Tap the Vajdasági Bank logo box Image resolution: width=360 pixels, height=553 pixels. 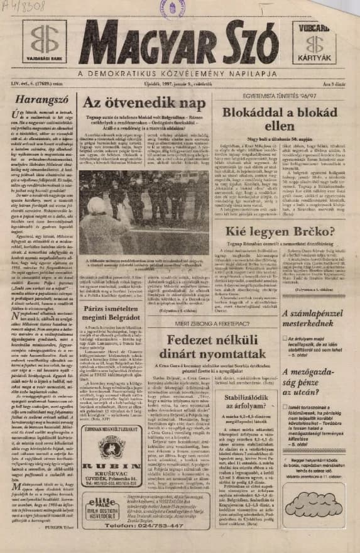coord(43,43)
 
